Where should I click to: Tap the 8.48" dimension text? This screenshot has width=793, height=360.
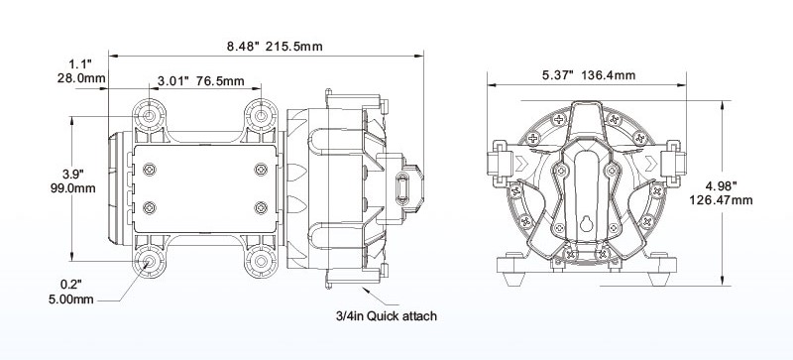click(x=243, y=47)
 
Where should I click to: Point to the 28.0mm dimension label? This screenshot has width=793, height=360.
click(x=81, y=78)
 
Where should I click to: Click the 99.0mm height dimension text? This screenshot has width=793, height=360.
click(x=72, y=188)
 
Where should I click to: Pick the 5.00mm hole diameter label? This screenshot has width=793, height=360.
click(x=71, y=300)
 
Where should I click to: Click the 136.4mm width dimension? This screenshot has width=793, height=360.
click(x=609, y=75)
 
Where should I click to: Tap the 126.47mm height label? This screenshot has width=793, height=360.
click(x=721, y=200)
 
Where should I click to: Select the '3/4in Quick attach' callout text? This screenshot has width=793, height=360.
click(x=387, y=316)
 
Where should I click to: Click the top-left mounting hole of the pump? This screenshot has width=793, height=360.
click(x=150, y=116)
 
